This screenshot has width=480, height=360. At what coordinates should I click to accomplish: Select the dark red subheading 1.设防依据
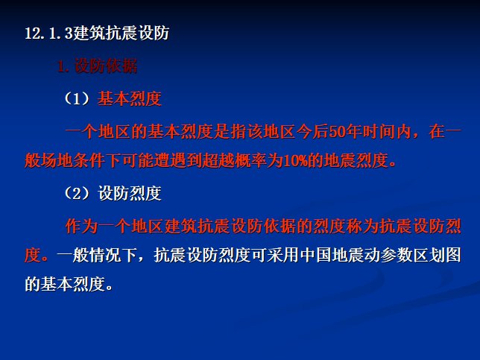tap(98, 66)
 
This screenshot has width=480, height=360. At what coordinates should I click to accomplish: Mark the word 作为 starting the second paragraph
tap(82, 225)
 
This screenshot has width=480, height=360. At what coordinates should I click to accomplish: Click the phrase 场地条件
tap(89, 161)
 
